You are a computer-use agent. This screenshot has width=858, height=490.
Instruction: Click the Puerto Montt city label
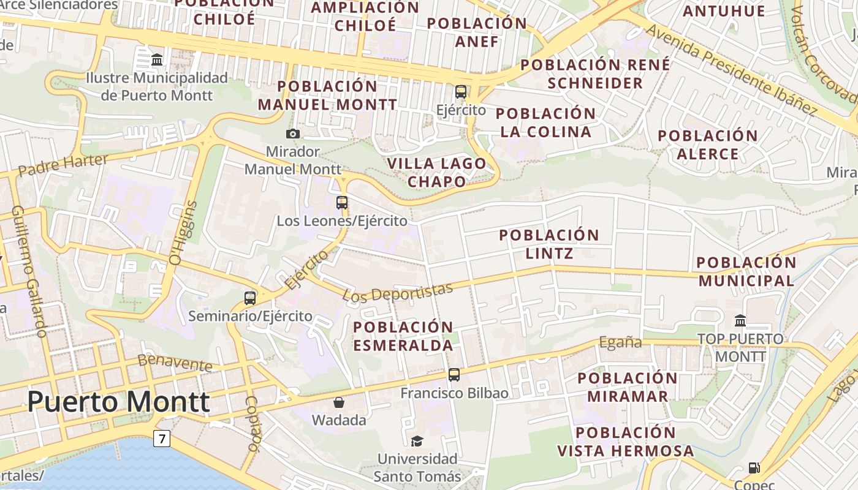pos(118,402)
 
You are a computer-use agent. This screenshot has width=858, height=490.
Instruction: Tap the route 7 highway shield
pos(162,439)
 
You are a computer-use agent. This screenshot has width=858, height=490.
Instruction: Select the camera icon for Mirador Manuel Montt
pos(293,134)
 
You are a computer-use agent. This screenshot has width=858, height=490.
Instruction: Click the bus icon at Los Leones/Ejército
pos(342,202)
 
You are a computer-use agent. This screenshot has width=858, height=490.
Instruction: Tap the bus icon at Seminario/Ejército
pos(250,298)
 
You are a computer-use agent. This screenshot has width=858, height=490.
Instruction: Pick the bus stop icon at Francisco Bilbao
pos(454,375)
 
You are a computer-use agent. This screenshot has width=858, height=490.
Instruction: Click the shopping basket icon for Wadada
pos(339,402)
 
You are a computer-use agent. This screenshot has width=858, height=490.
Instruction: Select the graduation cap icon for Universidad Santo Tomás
pos(417,441)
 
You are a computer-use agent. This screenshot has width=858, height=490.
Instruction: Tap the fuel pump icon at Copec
pos(754,468)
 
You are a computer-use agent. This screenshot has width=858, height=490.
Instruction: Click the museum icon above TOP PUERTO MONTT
pos(740,320)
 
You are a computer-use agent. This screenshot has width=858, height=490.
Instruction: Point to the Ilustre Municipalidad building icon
pos(157,60)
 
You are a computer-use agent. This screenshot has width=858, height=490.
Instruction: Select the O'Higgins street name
pos(183,233)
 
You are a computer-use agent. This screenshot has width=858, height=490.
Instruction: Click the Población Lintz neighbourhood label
pos(549,244)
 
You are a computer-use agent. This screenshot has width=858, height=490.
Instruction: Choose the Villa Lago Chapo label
pos(437,173)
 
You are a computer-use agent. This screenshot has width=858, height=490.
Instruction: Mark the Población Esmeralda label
pos(403,336)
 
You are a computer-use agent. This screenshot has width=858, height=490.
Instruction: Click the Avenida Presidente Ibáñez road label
pos(732,70)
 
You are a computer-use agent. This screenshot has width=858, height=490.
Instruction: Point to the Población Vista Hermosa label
pos(626,442)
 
